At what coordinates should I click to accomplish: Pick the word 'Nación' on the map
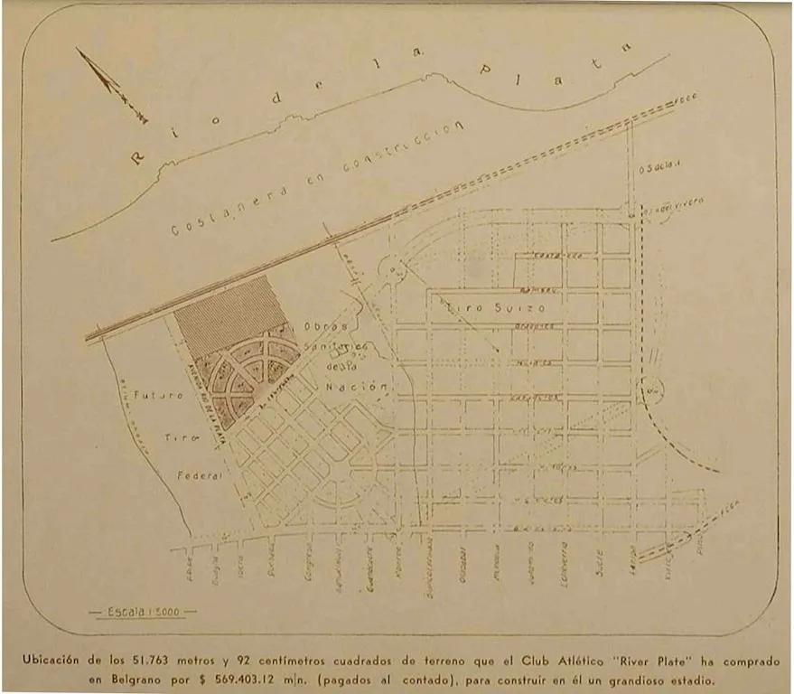click(x=368, y=387)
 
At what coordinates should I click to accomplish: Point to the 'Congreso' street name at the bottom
click(x=309, y=560)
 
